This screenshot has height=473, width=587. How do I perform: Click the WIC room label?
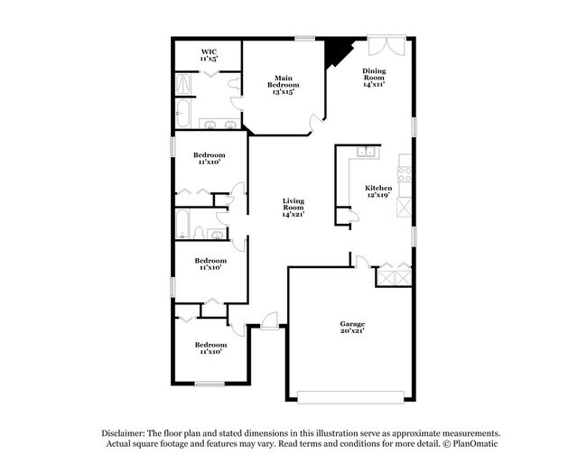tap(209, 55)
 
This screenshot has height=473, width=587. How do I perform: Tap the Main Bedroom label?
tap(284, 85)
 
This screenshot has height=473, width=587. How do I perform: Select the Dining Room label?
tap(374, 78)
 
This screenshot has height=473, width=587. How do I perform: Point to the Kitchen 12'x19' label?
tap(378, 191)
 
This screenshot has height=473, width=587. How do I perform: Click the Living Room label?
tap(293, 208)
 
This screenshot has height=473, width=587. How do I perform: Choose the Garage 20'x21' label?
tap(352, 328)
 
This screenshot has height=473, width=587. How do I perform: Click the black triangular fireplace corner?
tap(336, 51)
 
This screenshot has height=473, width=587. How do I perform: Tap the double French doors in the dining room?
tap(387, 46)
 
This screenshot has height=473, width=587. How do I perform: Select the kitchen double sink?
tap(368, 152)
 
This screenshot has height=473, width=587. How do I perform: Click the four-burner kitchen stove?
tap(405, 173)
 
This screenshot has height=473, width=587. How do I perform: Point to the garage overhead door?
tap(350, 397)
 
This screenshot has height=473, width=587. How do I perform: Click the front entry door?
tap(269, 321)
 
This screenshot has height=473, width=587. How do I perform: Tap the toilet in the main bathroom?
tap(235, 84)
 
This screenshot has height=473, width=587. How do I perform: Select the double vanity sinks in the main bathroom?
tap(219, 124)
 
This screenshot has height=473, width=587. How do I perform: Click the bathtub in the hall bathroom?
tap(182, 224)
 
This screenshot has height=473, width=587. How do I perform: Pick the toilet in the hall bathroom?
tap(199, 232)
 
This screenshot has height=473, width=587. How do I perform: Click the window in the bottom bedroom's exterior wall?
tap(210, 384)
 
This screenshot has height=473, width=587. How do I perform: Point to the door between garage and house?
tap(361, 262)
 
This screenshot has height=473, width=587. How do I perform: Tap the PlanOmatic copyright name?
tap(475, 444)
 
